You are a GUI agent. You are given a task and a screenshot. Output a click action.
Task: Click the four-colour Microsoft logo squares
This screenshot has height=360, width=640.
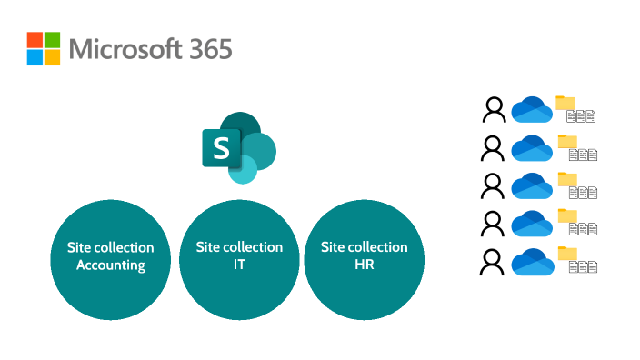44,48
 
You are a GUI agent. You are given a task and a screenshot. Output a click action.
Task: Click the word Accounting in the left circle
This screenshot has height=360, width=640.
111,265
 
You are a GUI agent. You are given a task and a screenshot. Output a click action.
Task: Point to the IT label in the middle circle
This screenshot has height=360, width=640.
239,265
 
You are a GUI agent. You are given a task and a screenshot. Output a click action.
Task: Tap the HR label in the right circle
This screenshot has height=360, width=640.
364,265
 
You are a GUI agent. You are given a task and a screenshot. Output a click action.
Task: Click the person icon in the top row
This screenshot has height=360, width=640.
494,110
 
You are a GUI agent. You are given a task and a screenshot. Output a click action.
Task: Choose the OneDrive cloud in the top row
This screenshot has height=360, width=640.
532,111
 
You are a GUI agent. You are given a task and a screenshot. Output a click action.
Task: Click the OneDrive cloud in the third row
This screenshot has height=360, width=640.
532,186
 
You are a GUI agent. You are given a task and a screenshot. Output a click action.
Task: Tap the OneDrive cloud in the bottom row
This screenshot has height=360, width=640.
532,263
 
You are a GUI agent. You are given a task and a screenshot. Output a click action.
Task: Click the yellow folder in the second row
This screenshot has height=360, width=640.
567,141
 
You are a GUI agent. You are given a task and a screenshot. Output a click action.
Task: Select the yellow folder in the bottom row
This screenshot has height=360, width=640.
567,254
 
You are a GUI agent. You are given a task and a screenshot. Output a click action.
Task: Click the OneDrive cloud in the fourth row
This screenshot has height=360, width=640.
532,224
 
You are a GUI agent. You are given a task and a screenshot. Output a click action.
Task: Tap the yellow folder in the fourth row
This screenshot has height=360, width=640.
567,215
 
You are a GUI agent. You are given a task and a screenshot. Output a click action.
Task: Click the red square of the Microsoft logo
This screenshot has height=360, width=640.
35,40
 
